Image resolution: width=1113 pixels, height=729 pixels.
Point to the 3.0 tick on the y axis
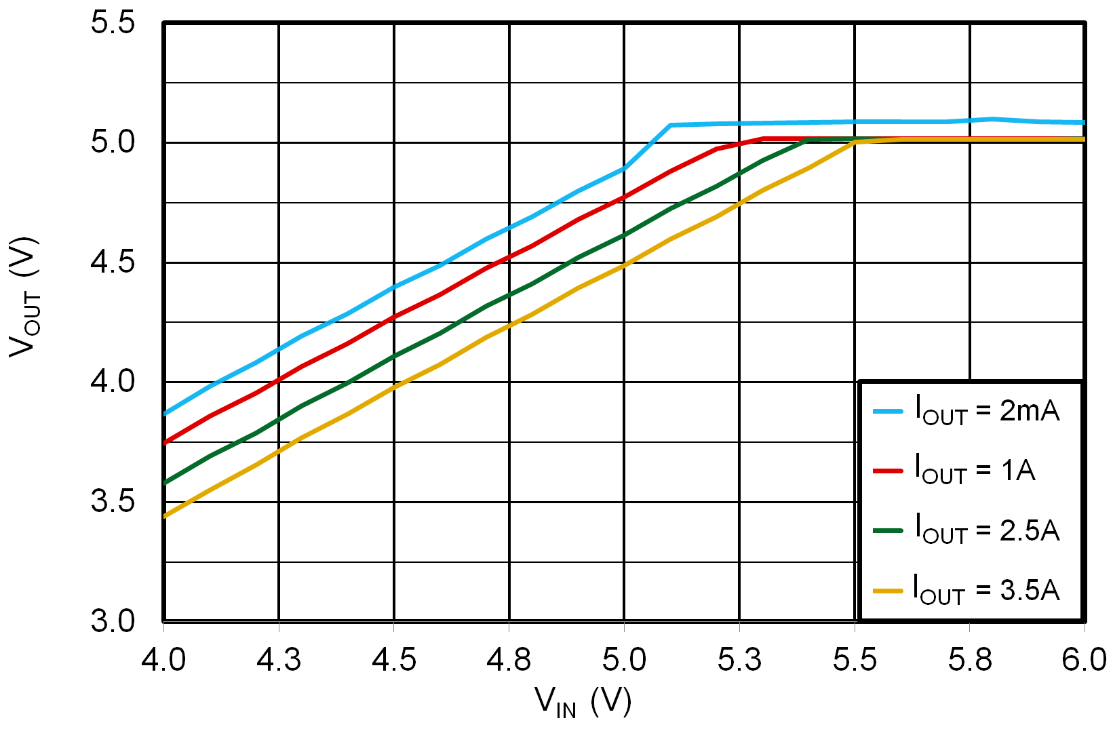[113, 621]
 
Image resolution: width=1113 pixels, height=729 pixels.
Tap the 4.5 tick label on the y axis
[113, 262]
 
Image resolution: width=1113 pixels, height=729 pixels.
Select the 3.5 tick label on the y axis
[113, 502]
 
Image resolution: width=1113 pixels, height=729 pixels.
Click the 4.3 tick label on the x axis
[278, 659]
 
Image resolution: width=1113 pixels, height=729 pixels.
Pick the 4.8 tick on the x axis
[509, 659]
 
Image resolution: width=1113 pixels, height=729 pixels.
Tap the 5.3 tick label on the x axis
[739, 659]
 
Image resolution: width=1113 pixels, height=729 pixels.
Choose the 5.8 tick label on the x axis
[970, 659]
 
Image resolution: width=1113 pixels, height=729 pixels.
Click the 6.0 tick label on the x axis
[1084, 659]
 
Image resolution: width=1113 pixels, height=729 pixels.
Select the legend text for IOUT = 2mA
[987, 411]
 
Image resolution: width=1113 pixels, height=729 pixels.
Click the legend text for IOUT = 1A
[975, 470]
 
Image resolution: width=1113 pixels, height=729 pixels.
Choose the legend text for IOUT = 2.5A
[987, 529]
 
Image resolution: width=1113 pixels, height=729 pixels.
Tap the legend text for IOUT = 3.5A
[987, 589]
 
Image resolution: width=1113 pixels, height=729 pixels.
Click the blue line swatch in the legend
[888, 411]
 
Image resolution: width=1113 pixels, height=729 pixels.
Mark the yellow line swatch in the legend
[888, 590]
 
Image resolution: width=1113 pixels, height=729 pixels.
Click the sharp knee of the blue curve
[670, 125]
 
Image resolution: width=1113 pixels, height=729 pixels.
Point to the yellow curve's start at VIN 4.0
[165, 516]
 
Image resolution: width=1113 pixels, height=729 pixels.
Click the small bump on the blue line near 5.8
[992, 119]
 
